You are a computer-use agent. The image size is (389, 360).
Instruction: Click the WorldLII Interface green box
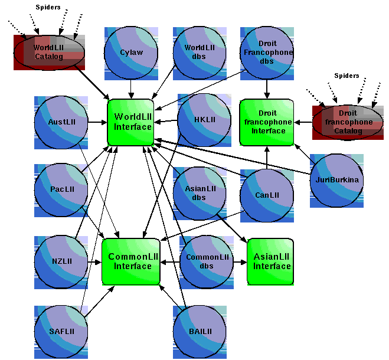[131, 122]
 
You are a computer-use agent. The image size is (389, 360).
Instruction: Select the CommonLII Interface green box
[132, 262]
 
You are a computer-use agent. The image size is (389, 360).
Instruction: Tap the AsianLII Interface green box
[270, 262]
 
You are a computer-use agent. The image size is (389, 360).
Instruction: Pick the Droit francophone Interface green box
[267, 122]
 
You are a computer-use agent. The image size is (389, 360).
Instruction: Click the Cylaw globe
[131, 53]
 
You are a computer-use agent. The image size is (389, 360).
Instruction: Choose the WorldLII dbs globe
[200, 53]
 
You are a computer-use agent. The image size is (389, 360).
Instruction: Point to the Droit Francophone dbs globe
[267, 53]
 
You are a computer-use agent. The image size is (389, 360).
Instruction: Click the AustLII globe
[61, 122]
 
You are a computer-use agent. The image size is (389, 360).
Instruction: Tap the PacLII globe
[61, 190]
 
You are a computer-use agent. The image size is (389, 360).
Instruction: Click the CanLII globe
[267, 195]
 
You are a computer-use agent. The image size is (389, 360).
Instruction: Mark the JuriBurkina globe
[337, 181]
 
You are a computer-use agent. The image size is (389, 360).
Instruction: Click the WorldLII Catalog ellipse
[50, 53]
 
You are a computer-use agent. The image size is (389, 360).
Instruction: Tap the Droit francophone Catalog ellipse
[349, 122]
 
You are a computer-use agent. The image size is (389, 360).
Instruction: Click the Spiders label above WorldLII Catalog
[48, 7]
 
